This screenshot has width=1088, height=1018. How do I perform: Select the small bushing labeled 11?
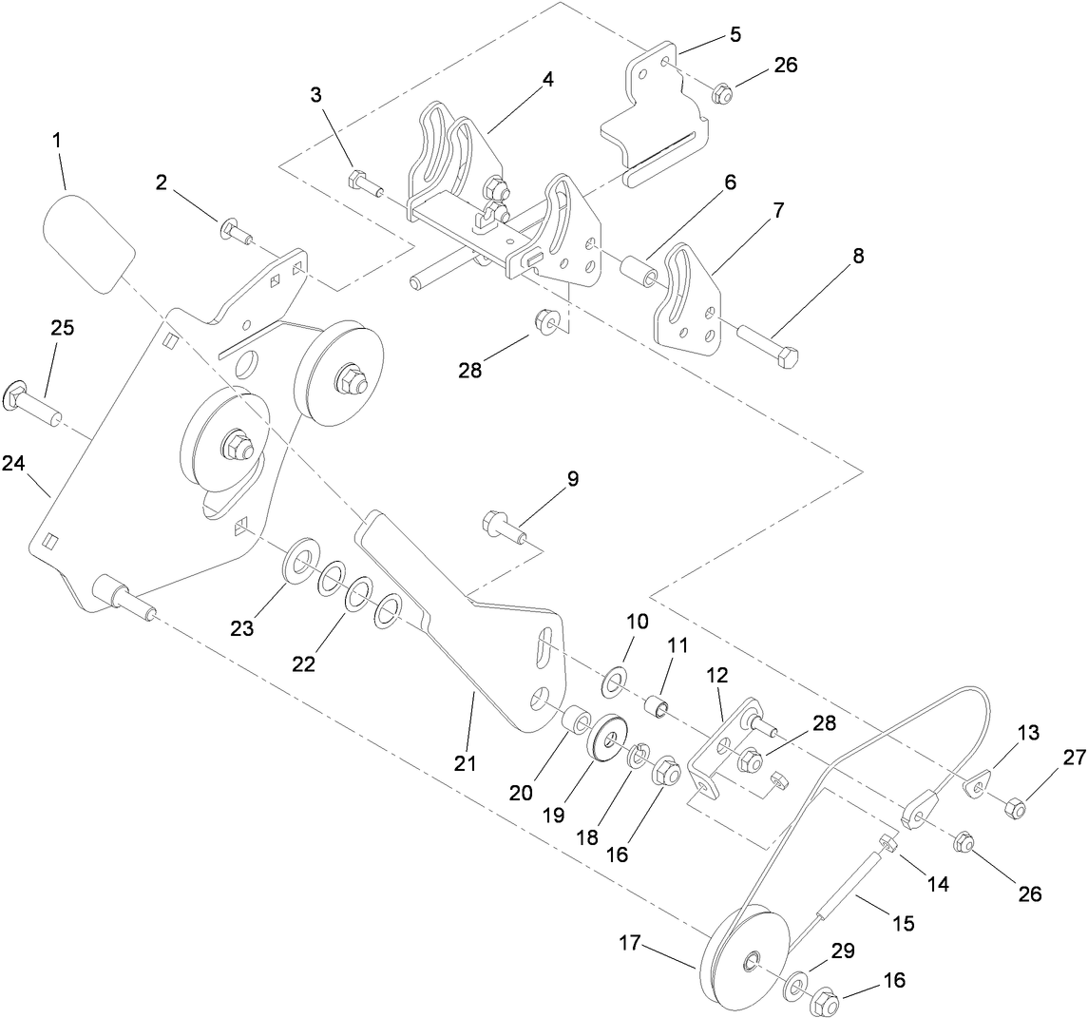coord(656,709)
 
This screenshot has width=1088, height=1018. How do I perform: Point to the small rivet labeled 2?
coord(235,231)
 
